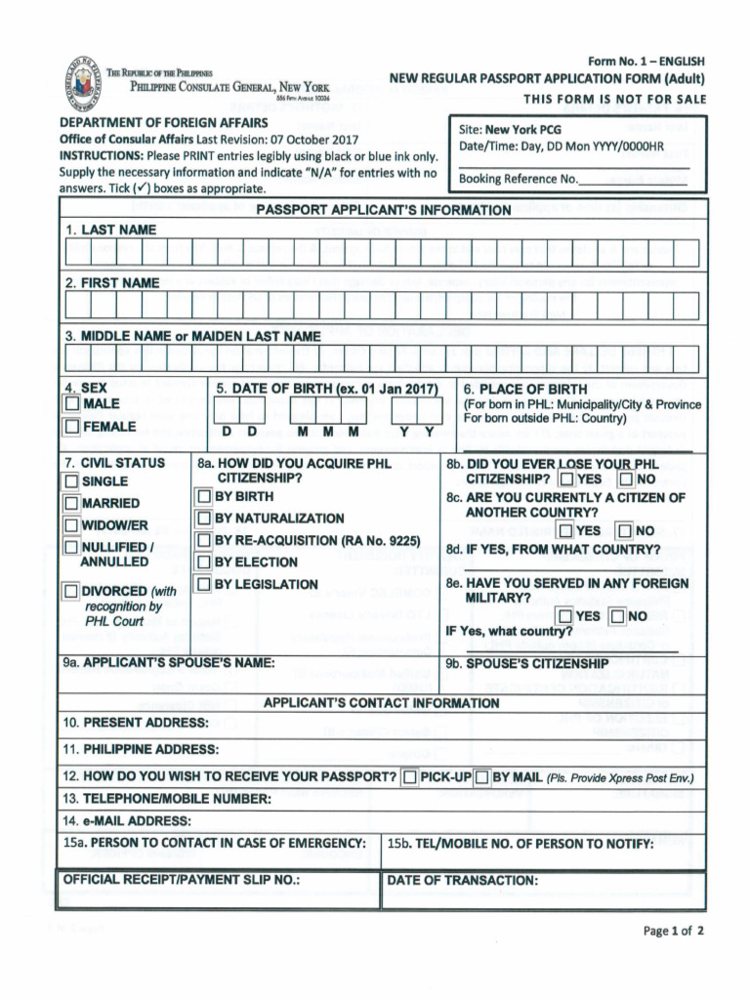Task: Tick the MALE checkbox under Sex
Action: [x=73, y=404]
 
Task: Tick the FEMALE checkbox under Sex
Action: [x=73, y=427]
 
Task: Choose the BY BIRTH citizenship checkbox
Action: [x=204, y=496]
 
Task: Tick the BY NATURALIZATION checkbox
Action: [x=204, y=518]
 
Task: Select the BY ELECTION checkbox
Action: [x=204, y=562]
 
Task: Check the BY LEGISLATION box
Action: [x=204, y=584]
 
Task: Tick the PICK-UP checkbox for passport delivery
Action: [x=409, y=777]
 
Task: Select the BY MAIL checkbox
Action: [x=481, y=777]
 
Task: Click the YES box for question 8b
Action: [x=566, y=479]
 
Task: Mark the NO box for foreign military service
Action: [x=616, y=616]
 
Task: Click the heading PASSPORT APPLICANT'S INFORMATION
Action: [x=383, y=210]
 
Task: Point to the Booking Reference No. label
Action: [x=519, y=179]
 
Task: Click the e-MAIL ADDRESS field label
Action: [x=127, y=820]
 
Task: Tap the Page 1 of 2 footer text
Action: [x=673, y=931]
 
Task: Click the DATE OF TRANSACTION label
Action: [x=462, y=880]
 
